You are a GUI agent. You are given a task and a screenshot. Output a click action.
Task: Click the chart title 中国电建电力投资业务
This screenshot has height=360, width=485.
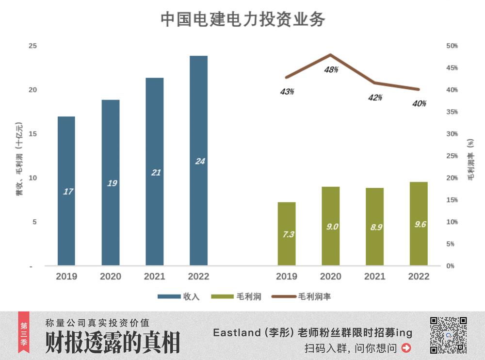[x=242, y=19]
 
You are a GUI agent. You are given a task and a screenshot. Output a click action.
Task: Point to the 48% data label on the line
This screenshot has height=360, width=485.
[x=331, y=70]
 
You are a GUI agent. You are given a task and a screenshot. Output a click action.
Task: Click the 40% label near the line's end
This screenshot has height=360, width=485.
[x=419, y=103]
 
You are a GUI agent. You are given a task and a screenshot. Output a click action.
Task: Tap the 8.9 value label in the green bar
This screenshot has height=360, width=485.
[x=375, y=227]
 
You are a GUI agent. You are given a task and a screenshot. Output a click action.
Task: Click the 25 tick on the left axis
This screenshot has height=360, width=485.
[x=33, y=46]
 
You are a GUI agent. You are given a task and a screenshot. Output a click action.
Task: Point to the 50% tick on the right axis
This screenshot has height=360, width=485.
[x=452, y=46]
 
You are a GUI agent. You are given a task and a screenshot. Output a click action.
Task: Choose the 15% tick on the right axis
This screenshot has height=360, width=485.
[x=452, y=200]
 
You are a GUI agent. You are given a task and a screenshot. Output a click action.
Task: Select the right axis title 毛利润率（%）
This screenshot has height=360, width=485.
[x=470, y=160]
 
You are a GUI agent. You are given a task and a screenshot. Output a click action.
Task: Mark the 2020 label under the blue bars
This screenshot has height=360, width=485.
[x=111, y=277]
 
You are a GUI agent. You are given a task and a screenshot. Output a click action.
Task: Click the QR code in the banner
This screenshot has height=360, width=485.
[x=448, y=335]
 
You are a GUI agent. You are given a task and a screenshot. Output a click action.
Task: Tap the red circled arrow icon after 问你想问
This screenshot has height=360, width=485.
[x=406, y=348]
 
